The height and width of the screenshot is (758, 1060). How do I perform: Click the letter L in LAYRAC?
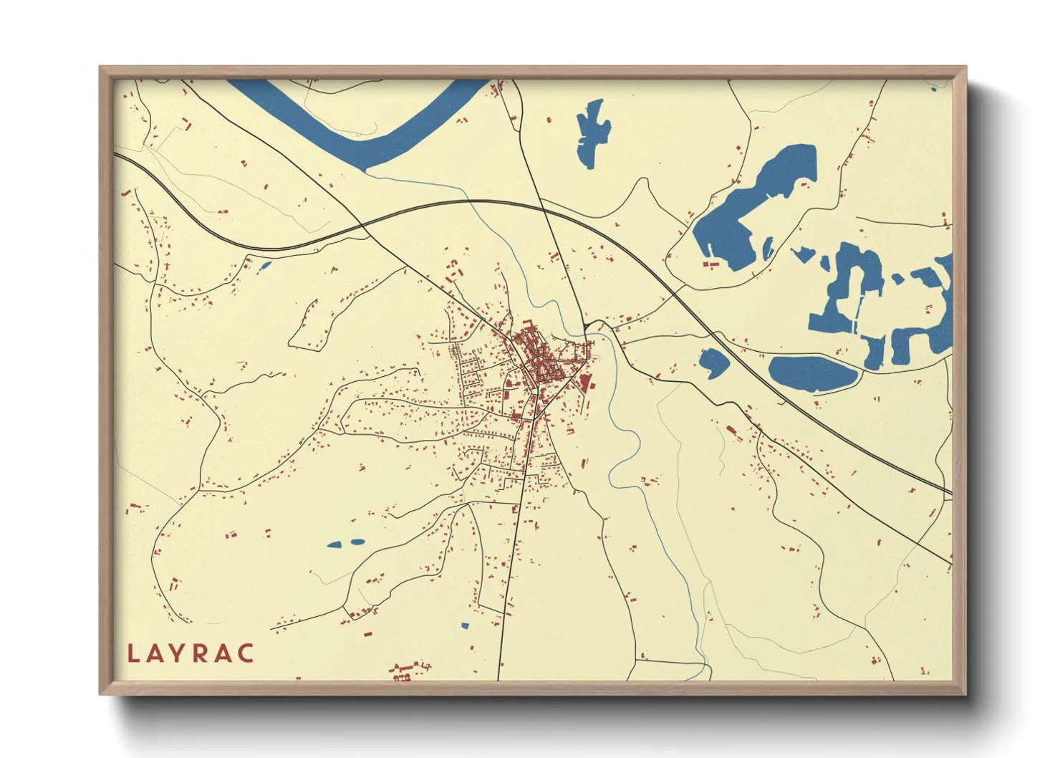tap(133, 653)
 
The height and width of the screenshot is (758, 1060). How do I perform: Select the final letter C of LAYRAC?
tap(246, 653)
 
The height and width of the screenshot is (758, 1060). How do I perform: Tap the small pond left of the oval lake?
tap(713, 363)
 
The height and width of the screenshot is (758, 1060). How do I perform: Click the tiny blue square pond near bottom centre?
tap(464, 626)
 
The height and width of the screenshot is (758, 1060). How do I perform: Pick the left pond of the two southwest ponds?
tap(334, 545)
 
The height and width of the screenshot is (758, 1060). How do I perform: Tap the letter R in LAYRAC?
tap(201, 653)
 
